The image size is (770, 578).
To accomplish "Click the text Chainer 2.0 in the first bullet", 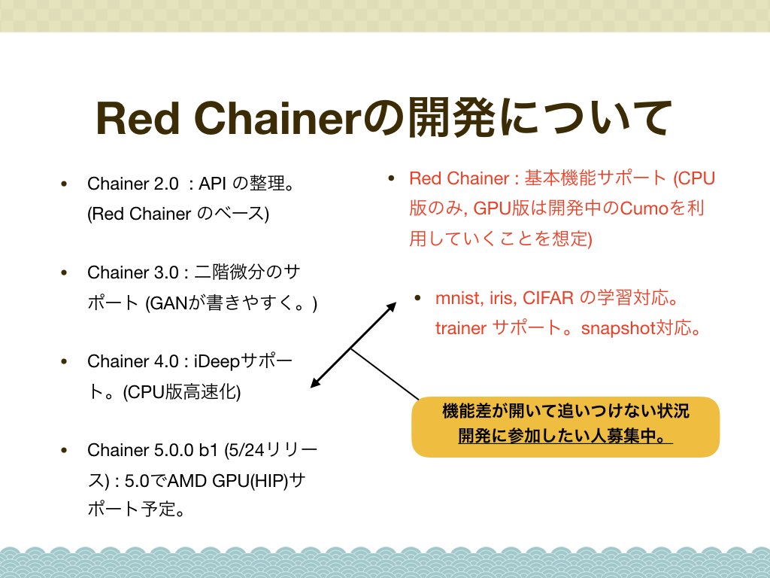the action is [132, 184].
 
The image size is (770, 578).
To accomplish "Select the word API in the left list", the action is [212, 184].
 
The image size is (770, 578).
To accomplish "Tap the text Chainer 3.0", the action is [132, 272].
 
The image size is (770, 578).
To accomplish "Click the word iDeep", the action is [217, 361].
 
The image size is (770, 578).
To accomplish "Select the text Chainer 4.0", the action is [132, 361].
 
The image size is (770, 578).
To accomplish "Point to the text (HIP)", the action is [270, 481].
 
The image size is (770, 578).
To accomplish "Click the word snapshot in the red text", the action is [619, 328].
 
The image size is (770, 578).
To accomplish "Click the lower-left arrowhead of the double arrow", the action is [314, 384].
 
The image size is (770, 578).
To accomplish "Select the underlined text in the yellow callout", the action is [565, 436].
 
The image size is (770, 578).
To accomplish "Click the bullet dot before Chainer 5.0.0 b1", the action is [64, 450].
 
